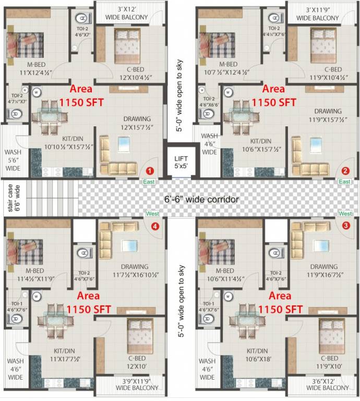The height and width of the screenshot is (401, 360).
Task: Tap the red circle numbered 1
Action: click(x=150, y=170)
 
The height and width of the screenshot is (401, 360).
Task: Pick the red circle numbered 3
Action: click(x=345, y=225)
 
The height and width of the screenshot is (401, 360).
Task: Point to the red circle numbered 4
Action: click(x=154, y=226)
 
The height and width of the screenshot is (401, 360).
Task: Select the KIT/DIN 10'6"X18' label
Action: click(x=259, y=356)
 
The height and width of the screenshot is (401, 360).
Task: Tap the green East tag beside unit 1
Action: click(x=149, y=181)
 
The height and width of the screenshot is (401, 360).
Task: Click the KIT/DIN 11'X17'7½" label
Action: click(x=67, y=356)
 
